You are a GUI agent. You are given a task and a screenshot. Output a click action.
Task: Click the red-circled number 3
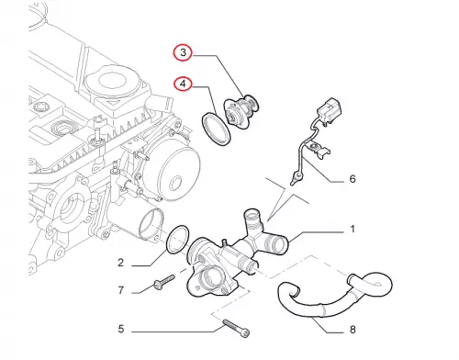183,52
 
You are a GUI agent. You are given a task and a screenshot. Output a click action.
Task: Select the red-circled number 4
183,84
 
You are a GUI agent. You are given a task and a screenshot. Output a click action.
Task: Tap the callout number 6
353,178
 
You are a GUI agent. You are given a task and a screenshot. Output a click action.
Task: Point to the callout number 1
353,229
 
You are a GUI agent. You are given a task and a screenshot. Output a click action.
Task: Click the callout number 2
120,263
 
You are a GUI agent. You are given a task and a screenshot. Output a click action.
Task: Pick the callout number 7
121,290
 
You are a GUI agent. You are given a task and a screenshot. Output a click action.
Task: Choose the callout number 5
121,329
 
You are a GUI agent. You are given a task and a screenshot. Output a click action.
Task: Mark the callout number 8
353,330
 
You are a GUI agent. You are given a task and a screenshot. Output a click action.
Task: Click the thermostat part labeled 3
241,109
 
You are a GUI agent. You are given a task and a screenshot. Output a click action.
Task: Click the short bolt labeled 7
164,282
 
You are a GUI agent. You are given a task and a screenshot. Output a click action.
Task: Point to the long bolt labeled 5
236,327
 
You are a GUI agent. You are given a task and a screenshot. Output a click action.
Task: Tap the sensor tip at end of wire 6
296,179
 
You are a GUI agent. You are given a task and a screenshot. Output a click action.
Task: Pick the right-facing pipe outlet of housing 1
277,244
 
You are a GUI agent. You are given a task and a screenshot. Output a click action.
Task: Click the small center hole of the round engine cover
175,184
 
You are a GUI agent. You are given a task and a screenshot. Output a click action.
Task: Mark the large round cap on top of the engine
114,80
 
